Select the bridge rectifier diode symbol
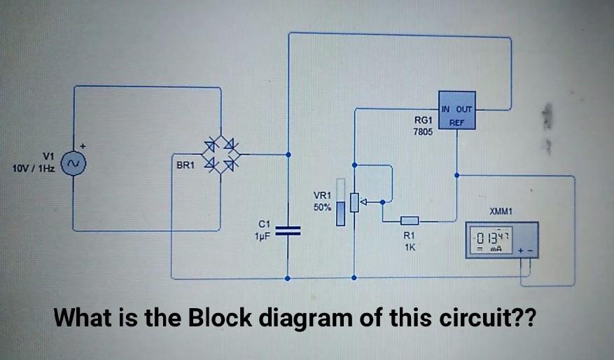[221, 156]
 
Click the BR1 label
[184, 165]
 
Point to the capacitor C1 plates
[287, 230]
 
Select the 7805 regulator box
[456, 111]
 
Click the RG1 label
[422, 120]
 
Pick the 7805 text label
[422, 131]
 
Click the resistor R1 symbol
[410, 221]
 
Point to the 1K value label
[410, 246]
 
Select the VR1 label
[322, 195]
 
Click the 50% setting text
[322, 208]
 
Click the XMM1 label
[501, 211]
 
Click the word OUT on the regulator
[465, 109]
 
